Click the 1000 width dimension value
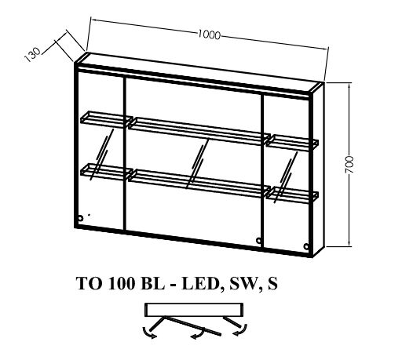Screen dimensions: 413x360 209,35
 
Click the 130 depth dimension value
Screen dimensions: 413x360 33,55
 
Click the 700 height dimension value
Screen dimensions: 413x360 349,165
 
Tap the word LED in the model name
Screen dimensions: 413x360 201,284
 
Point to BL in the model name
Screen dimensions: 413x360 153,284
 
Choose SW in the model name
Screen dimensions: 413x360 243,284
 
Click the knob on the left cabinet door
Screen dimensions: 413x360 80,218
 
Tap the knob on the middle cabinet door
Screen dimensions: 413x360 259,240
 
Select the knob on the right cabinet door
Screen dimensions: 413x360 306,246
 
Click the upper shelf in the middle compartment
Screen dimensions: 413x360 199,131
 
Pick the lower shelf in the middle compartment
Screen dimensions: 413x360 199,184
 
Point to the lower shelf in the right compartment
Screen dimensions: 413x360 292,195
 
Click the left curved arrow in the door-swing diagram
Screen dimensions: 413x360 148,333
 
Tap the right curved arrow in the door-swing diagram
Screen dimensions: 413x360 241,331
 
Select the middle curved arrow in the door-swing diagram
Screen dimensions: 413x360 198,333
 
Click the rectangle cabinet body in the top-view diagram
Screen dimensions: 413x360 194,310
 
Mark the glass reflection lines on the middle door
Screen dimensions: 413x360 197,164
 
